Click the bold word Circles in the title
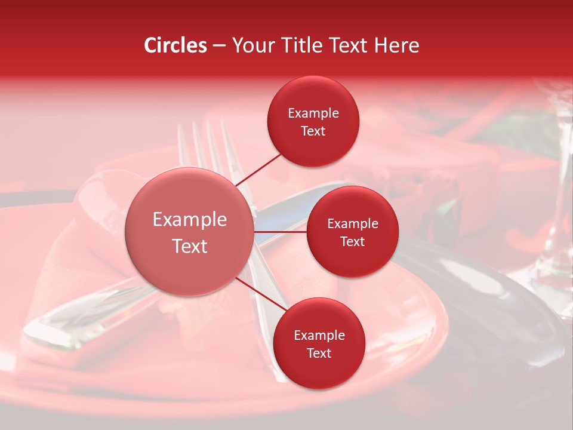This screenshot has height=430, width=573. click(175, 45)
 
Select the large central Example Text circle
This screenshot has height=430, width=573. click(189, 232)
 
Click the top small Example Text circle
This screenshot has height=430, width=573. click(313, 121)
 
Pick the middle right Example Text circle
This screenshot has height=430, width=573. click(352, 232)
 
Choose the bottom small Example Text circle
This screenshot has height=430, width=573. click(319, 343)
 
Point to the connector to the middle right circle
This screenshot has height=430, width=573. click(280, 232)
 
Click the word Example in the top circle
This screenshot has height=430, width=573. click(313, 113)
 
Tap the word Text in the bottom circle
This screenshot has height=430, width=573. click(319, 353)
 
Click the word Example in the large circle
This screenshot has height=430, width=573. click(189, 219)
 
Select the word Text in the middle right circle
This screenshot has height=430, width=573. click(352, 241)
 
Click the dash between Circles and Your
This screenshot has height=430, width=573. click(219, 45)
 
